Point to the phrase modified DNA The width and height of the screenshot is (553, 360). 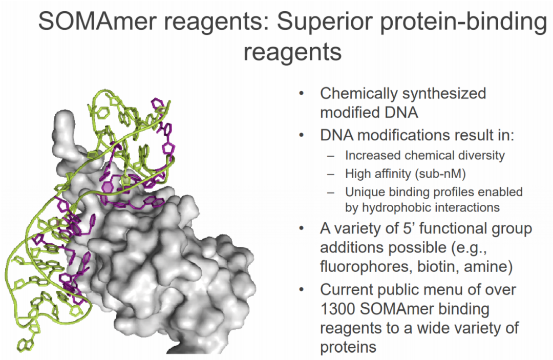point(369,113)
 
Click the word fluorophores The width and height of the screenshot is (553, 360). point(366,267)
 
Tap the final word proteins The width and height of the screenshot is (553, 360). point(348,348)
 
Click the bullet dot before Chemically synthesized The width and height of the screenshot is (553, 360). point(301,93)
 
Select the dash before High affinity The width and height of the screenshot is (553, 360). point(330,174)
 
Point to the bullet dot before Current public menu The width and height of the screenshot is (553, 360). point(301,290)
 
